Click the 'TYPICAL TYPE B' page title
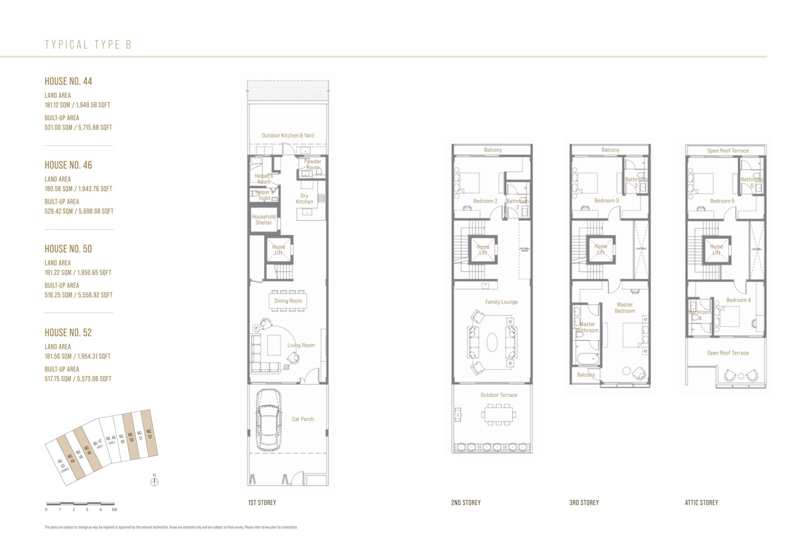88,45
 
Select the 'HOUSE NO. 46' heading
68,165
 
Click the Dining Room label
288,301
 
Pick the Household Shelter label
263,220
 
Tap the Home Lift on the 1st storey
278,250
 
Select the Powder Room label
313,164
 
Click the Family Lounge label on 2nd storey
501,302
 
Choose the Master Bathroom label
587,327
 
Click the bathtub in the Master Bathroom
587,359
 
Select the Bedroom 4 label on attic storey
738,300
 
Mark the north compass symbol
154,481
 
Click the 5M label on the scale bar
114,510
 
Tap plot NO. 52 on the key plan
149,434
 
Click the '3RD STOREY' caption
584,503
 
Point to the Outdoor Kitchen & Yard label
288,135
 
